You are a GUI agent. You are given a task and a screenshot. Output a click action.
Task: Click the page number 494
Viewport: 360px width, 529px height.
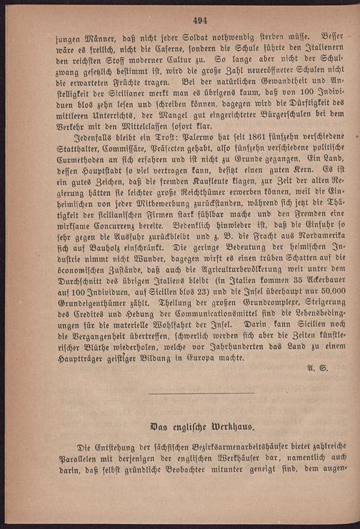coord(180,19)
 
